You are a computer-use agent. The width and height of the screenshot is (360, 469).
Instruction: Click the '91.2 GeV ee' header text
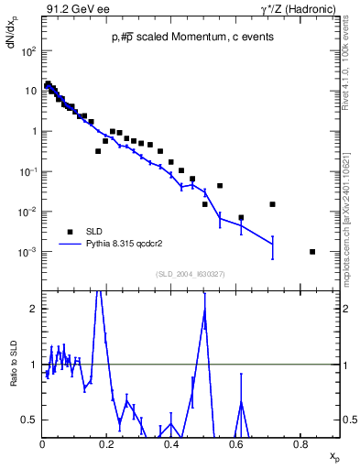click(74, 8)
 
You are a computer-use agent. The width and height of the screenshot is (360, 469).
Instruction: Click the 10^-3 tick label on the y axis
click(28, 252)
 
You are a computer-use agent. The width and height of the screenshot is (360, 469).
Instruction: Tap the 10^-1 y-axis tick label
click(28, 171)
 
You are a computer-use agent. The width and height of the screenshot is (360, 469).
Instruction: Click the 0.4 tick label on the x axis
click(171, 444)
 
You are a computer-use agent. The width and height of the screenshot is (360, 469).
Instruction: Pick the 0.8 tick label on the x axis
click(300, 444)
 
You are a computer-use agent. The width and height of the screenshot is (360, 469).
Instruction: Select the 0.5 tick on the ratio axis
click(31, 420)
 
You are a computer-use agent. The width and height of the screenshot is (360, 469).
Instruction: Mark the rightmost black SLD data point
click(313, 252)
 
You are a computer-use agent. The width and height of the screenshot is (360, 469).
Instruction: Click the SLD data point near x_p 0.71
click(272, 204)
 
